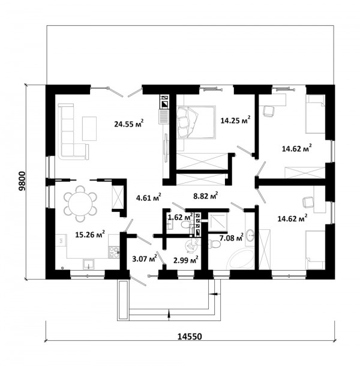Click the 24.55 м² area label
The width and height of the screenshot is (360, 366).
click(x=128, y=123)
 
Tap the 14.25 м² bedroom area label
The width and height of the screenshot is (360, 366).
click(x=236, y=120)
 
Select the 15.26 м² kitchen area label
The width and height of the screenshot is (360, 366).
click(x=90, y=234)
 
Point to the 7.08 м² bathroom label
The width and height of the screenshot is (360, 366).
click(x=232, y=238)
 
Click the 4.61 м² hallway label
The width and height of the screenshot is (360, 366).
click(x=148, y=197)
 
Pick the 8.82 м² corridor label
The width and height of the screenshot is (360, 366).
click(x=206, y=196)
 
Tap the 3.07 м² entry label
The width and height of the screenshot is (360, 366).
click(x=144, y=258)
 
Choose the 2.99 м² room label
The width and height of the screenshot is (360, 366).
click(x=186, y=260)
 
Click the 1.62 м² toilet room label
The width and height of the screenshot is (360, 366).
click(x=180, y=217)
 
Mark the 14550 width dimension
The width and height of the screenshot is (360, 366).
click(x=190, y=337)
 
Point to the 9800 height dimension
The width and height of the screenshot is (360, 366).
click(x=22, y=181)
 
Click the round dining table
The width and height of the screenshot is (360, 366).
click(x=80, y=203)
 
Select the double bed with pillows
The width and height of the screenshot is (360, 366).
click(x=196, y=122)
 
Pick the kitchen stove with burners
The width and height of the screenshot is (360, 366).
click(x=113, y=252)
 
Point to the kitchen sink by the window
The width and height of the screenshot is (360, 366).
click(x=88, y=264)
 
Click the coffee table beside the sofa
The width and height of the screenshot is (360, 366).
click(x=89, y=128)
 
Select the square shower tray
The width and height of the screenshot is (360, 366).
click(x=218, y=221)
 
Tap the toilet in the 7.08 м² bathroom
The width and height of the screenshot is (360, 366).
click(x=214, y=244)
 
